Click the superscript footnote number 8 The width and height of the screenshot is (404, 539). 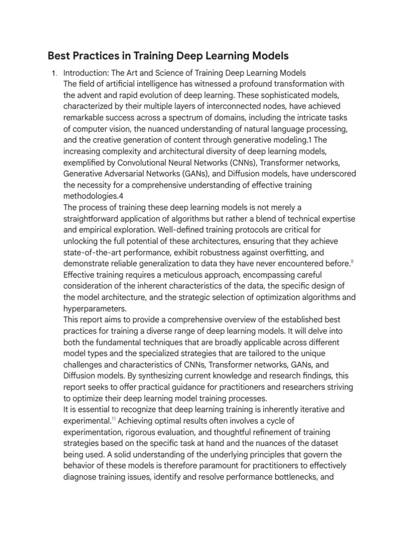pyautogui.click(x=352, y=260)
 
